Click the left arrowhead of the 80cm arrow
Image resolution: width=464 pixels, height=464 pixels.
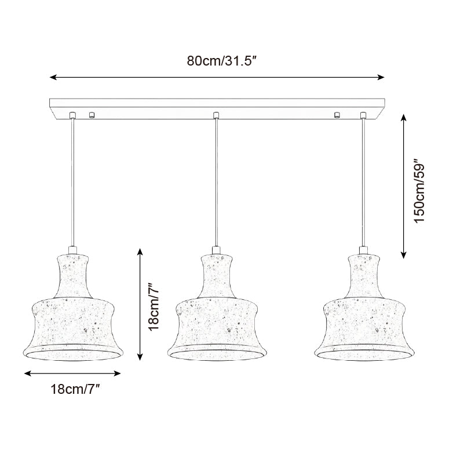click(52, 77)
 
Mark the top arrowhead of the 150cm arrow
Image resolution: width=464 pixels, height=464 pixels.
click(404, 117)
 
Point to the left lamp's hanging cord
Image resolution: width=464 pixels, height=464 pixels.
click(72, 180)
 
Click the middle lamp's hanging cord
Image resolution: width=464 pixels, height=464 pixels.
click(216, 180)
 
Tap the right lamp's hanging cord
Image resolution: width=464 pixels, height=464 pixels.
click(363, 180)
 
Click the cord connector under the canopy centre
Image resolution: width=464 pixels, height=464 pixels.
click(216, 114)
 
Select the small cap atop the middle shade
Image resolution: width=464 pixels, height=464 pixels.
click(216, 250)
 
